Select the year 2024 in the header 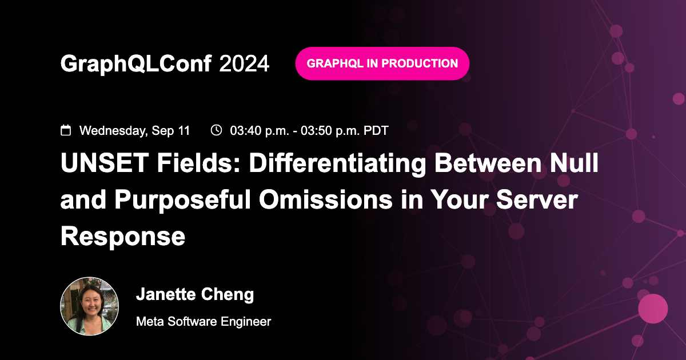click(244, 64)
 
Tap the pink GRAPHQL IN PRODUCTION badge click(382, 63)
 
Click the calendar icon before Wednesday click(66, 130)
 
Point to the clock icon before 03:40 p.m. click(216, 130)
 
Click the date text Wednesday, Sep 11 click(134, 131)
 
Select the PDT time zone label click(376, 131)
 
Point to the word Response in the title click(123, 236)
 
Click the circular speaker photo click(90, 306)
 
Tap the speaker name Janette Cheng click(195, 295)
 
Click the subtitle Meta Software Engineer click(204, 322)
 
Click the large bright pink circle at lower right click(653, 309)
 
